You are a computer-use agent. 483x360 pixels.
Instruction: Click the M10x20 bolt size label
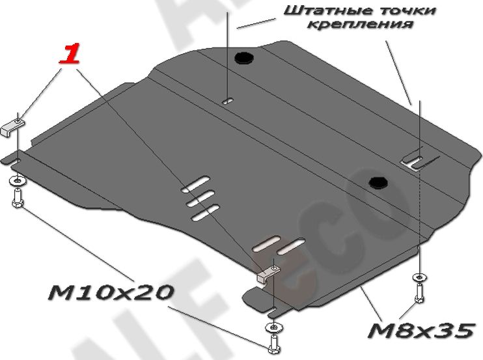click(x=110, y=293)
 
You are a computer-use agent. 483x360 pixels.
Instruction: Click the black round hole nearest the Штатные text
click(x=245, y=58)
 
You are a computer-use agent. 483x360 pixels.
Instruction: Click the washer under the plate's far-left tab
click(x=16, y=180)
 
